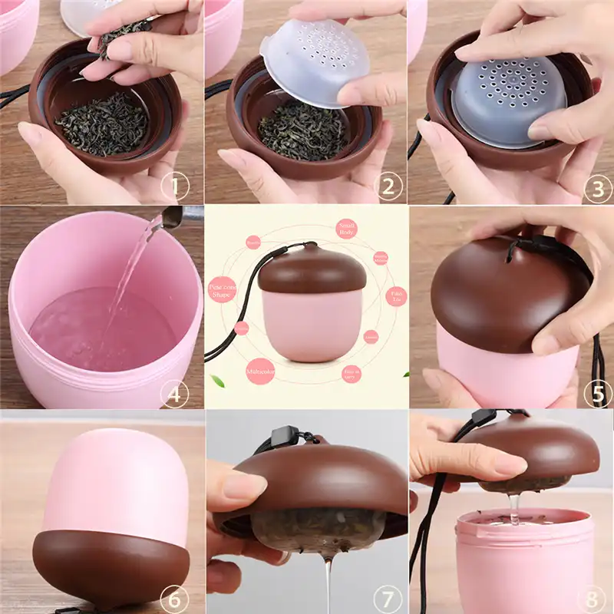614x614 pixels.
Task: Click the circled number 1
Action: click(x=177, y=187)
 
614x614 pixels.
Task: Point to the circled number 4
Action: click(x=175, y=394)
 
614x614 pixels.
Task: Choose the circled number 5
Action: click(x=597, y=394)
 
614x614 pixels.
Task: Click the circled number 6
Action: click(x=175, y=597)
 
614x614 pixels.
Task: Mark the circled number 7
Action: click(x=389, y=597)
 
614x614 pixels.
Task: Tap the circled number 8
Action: click(x=597, y=597)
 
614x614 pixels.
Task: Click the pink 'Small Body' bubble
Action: click(x=348, y=228)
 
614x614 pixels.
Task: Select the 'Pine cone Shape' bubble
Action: click(x=222, y=292)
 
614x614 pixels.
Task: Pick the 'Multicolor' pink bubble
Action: click(x=261, y=371)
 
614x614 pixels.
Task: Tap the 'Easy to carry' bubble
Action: click(x=352, y=374)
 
